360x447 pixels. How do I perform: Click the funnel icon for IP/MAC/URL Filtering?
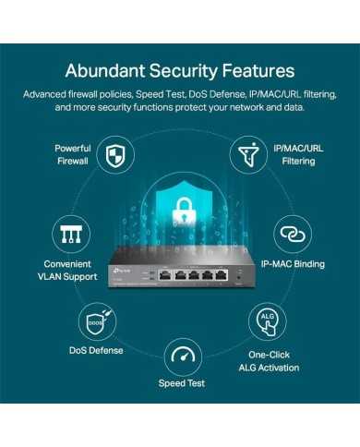[246, 154]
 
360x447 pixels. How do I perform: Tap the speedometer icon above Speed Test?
[183, 356]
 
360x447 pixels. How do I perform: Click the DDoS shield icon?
[97, 323]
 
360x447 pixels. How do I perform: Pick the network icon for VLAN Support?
[67, 233]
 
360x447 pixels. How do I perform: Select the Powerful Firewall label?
[72, 154]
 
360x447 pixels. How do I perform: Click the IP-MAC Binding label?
[292, 264]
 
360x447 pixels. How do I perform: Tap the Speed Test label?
[182, 382]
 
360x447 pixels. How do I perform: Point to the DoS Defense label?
[97, 350]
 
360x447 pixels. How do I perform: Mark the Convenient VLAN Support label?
[67, 270]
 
